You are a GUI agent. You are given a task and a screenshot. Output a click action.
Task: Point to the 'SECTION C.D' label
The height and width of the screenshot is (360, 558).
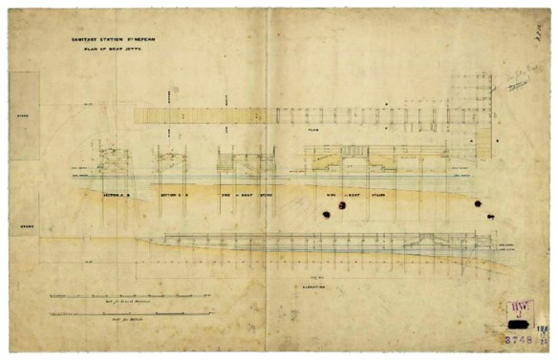tap(172, 193)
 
